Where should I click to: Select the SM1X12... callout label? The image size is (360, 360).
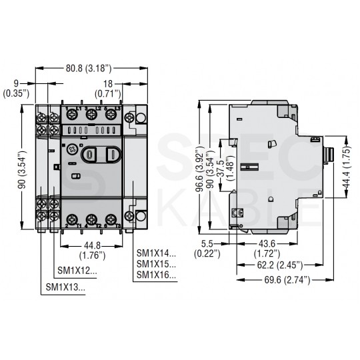[77, 271]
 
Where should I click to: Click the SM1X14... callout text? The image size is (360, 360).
[157, 253]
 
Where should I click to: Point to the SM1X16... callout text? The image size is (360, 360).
[157, 275]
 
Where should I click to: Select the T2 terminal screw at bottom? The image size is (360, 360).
[90, 218]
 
